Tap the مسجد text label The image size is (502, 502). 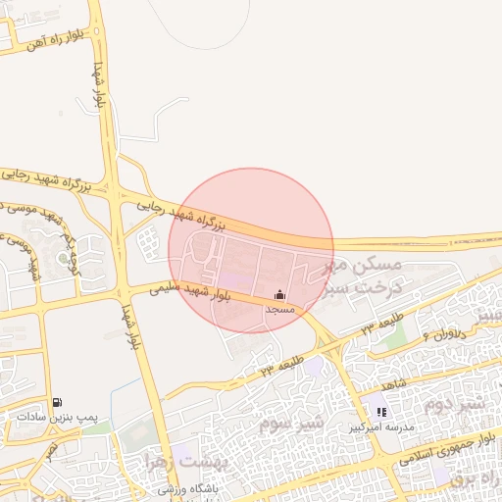[280, 308]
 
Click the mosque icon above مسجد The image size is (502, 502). [280, 294]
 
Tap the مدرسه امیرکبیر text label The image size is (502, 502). [382, 427]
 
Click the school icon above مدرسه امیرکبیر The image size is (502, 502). [381, 413]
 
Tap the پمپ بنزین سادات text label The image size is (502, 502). [58, 416]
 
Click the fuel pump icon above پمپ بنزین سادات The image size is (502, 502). [58, 402]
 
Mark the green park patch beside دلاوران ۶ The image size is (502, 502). [393, 333]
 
